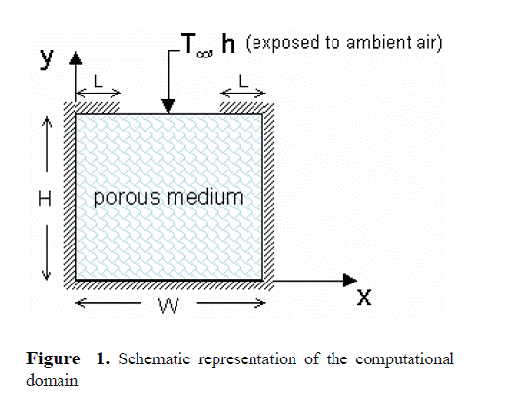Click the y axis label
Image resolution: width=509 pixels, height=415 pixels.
coord(47,58)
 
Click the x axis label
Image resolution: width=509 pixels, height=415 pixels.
coord(364,297)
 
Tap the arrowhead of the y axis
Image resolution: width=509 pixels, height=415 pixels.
coord(76,57)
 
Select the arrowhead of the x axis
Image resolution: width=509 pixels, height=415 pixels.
coord(350,280)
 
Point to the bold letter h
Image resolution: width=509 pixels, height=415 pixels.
coord(228,44)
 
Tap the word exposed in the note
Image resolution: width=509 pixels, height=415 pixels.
coord(286,44)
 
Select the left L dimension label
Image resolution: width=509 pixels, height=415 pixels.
coord(98,81)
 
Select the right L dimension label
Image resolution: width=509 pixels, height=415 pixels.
coord(243,81)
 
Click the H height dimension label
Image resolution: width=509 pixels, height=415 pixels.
coord(45,199)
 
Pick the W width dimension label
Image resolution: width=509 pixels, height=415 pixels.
coord(169,306)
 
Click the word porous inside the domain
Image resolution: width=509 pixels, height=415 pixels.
coord(127,198)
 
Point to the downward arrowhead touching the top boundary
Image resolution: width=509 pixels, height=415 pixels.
coord(169,106)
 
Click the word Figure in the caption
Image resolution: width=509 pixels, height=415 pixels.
coord(54,359)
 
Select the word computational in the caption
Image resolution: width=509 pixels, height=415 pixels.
coord(405,359)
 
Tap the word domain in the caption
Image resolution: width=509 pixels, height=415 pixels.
coord(53,380)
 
